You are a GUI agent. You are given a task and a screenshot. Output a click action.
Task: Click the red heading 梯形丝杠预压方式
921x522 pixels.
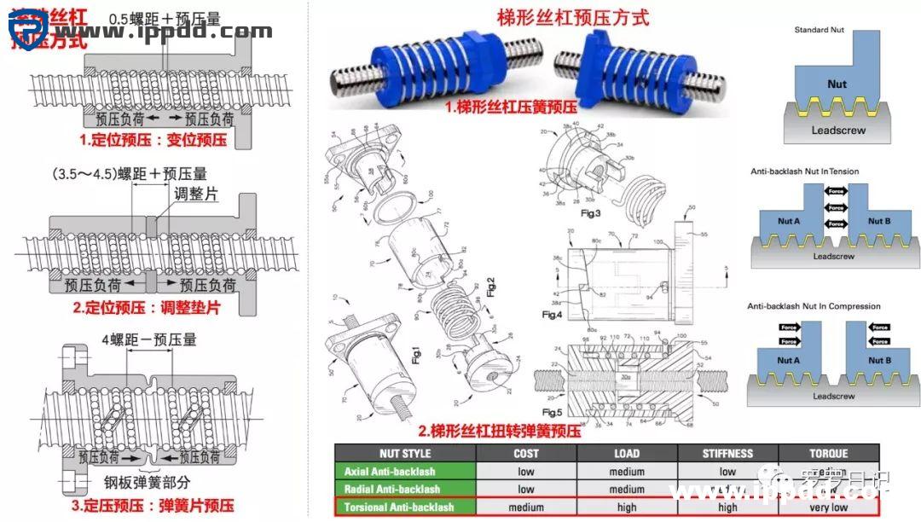click(x=572, y=17)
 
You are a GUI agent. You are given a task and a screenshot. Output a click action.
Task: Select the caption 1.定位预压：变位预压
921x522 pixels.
click(x=153, y=139)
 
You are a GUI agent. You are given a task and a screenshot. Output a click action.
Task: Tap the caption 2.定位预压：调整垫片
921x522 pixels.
click(x=147, y=308)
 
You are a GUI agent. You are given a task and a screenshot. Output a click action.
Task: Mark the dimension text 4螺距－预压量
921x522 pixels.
click(x=149, y=339)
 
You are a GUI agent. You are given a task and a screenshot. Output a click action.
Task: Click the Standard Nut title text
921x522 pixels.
click(x=820, y=30)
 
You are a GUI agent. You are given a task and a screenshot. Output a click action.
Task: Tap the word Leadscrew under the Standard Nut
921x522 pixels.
click(x=837, y=130)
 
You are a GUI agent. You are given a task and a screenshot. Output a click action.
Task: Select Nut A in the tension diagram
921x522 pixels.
click(x=789, y=221)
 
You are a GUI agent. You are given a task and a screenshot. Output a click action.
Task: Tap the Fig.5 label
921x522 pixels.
click(x=552, y=412)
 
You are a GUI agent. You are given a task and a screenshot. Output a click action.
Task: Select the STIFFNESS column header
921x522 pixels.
click(x=727, y=454)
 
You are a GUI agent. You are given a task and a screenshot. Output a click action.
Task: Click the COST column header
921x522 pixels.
click(x=526, y=454)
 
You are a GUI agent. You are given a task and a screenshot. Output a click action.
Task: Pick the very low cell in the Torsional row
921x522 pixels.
click(x=828, y=507)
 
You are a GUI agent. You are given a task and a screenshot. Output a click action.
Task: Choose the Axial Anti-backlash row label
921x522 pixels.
click(x=390, y=472)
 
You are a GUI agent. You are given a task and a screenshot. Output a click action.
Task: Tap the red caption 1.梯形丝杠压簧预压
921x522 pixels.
click(x=511, y=107)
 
